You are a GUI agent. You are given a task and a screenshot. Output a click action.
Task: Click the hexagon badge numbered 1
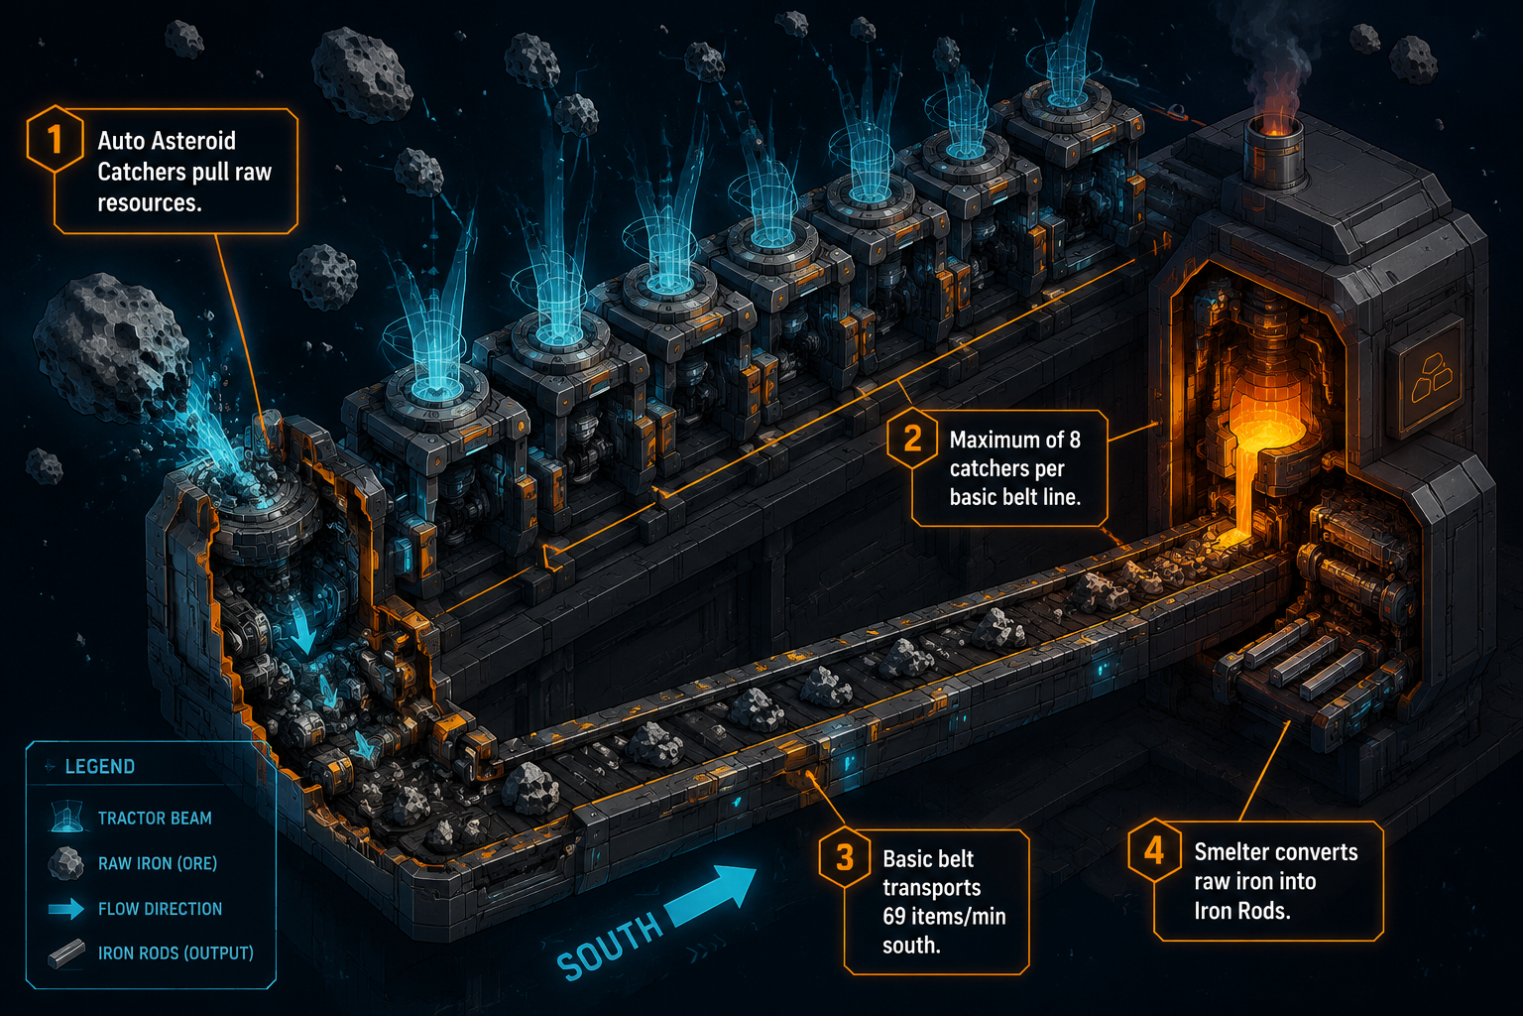click(56, 139)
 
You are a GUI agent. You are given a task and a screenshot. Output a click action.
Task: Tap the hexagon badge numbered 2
click(912, 439)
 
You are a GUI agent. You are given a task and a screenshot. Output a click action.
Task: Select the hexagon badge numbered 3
click(845, 858)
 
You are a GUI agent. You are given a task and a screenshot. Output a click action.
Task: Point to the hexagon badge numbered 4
click(1154, 850)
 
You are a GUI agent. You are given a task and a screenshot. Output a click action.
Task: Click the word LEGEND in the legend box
click(100, 766)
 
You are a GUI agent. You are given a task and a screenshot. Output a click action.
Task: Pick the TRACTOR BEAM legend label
click(155, 818)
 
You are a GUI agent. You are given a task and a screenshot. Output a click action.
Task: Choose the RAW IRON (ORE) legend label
click(158, 863)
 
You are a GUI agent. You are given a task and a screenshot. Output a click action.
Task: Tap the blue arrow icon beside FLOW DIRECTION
click(66, 909)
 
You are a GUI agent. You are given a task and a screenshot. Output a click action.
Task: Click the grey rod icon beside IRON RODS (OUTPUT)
click(66, 953)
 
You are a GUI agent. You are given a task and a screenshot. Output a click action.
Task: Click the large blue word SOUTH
click(609, 946)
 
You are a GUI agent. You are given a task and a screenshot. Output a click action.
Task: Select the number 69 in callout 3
click(894, 916)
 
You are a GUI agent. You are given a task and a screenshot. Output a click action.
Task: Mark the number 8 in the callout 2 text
click(1074, 441)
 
